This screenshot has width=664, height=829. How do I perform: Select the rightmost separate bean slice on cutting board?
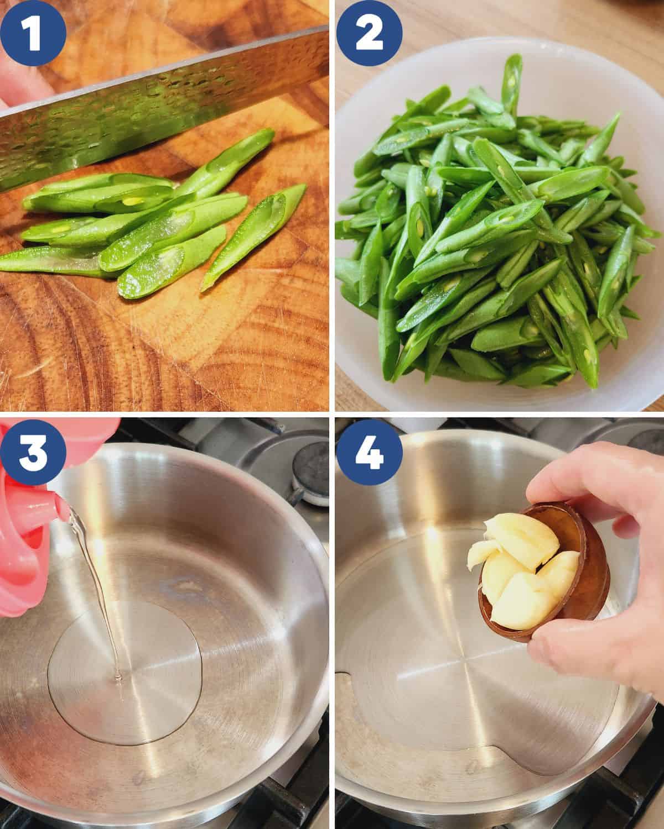click(x=255, y=238)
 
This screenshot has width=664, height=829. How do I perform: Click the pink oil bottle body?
click(x=22, y=558)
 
